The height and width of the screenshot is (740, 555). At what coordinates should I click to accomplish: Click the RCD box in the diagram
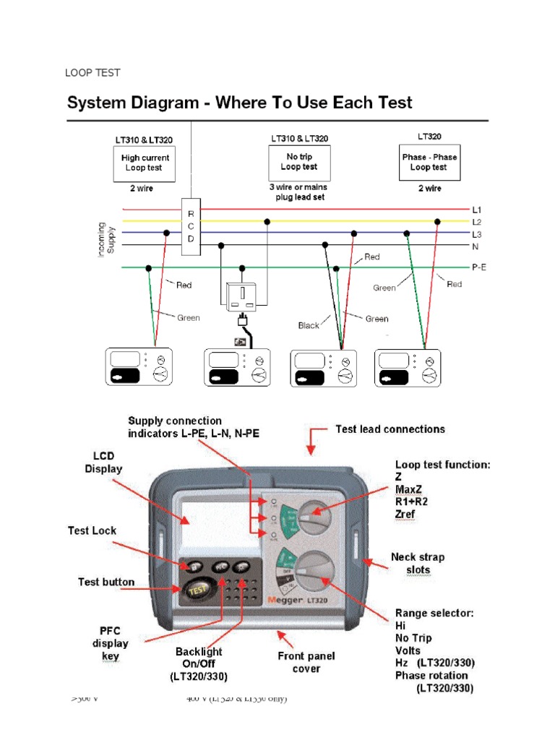191,226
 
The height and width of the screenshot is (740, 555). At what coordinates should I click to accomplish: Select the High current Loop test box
145,163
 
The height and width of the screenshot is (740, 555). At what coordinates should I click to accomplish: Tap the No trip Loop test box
298,162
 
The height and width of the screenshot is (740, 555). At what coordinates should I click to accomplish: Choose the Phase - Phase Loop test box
429,162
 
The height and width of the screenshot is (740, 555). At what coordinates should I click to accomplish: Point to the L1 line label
477,210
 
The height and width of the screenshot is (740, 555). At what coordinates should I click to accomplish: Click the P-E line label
479,267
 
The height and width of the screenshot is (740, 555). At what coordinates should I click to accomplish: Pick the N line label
476,246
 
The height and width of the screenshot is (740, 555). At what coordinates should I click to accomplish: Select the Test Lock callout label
92,530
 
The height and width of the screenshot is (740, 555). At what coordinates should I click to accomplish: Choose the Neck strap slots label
418,564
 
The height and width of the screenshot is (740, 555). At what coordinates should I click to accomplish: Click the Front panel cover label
307,663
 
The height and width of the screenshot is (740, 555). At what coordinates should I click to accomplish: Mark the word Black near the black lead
309,326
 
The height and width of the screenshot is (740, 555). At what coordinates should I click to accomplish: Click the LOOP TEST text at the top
92,73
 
